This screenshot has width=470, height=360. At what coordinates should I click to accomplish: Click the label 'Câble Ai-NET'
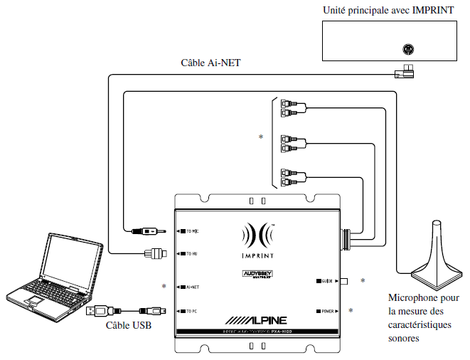211,63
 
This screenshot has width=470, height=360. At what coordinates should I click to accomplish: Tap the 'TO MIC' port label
191,231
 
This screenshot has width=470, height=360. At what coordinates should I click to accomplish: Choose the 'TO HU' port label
190,253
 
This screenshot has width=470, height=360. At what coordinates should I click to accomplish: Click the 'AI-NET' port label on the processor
190,287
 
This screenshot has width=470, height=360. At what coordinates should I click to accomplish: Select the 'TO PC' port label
190,311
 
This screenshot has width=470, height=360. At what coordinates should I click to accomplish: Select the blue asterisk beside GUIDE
363,282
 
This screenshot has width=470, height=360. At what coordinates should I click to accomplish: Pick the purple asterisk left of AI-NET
164,287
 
